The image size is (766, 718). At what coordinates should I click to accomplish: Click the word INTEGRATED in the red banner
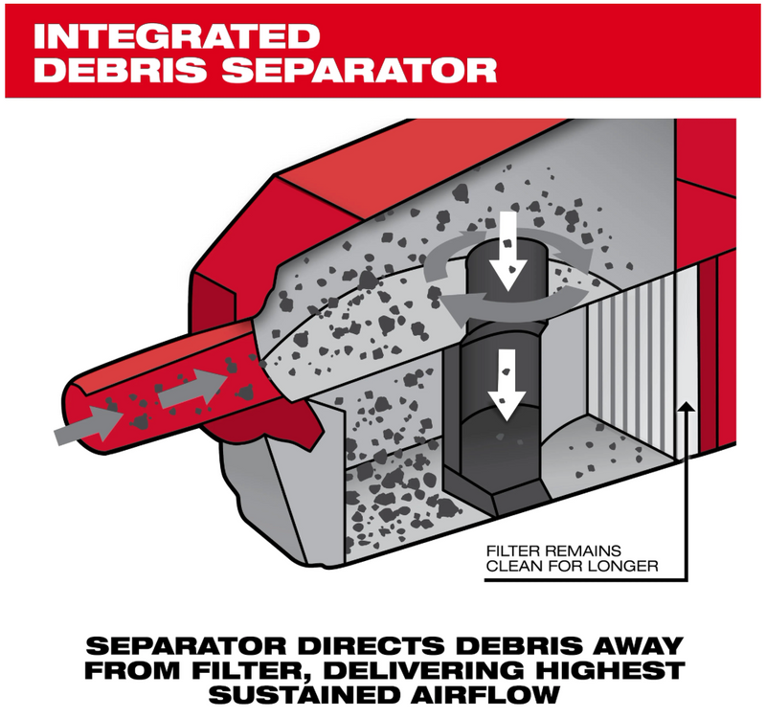click(x=176, y=35)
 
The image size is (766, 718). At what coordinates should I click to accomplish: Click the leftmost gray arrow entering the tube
click(x=88, y=427)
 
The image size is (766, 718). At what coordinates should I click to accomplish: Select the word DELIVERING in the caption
click(x=427, y=671)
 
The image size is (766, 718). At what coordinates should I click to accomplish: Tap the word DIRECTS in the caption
click(x=372, y=645)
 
